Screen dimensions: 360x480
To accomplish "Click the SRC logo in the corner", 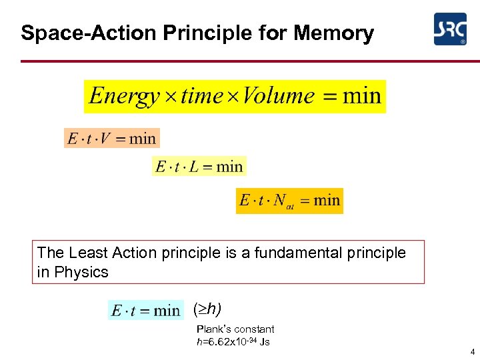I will [450, 29].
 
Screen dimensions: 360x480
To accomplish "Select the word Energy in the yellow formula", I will [125, 96].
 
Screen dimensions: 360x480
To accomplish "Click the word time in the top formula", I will [201, 96].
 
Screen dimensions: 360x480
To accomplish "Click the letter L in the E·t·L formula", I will [194, 167].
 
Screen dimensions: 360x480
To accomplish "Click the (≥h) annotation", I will [207, 309].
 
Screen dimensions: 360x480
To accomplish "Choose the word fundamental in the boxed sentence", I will [309, 253].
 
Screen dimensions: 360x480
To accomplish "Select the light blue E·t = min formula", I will [145, 311].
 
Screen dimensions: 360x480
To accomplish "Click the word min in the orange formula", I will [142, 139].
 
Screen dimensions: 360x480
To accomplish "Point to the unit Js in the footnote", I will [264, 342].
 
